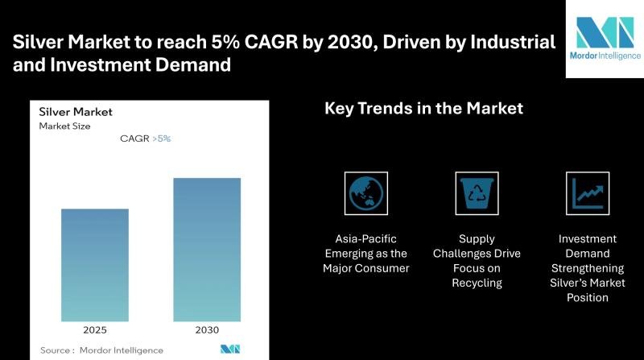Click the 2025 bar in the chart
click(95, 265)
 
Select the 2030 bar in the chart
click(207, 250)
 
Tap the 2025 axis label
click(95, 330)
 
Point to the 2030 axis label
click(207, 330)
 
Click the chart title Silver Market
click(76, 112)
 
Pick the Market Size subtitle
click(64, 126)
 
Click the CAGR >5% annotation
click(145, 139)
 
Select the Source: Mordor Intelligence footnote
click(101, 350)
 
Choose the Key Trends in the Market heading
click(423, 108)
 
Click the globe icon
click(365, 193)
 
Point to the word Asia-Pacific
click(366, 239)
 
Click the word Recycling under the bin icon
click(477, 283)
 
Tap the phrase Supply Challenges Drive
click(477, 246)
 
